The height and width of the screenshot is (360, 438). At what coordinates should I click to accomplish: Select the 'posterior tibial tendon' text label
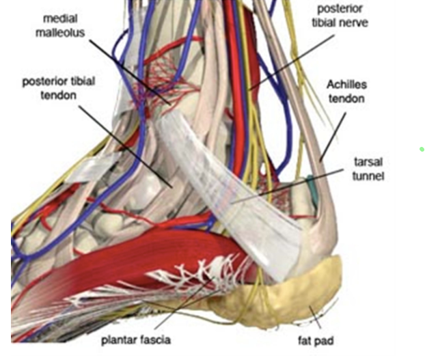(x=59, y=88)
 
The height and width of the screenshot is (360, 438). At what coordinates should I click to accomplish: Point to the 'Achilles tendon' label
(x=346, y=92)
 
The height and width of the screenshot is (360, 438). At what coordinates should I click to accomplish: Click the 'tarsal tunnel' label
(x=369, y=169)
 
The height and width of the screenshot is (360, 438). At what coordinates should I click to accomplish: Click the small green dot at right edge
(x=422, y=149)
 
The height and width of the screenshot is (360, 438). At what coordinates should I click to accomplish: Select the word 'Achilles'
(x=346, y=85)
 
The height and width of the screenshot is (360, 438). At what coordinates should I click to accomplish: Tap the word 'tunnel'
(x=369, y=176)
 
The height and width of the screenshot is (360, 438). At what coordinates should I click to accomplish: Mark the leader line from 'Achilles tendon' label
(x=331, y=137)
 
